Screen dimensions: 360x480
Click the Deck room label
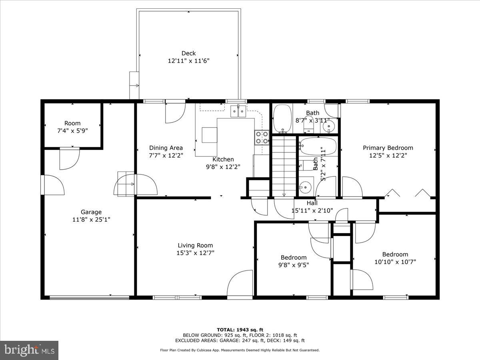click(188, 53)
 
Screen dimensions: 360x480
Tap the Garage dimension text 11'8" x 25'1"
click(91, 219)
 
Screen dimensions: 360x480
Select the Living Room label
click(195, 245)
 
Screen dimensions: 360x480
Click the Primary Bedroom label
click(388, 148)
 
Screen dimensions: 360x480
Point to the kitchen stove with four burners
click(262, 137)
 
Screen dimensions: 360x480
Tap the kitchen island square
click(210, 135)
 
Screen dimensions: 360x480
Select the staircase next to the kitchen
click(284, 166)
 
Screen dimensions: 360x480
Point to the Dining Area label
click(166, 148)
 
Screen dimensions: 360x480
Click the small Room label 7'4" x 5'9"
click(72, 123)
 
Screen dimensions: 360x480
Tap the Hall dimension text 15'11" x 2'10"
click(312, 210)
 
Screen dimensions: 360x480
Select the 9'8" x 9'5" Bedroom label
click(293, 257)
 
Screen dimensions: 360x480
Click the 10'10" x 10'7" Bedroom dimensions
click(395, 262)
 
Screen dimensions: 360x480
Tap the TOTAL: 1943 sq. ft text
click(240, 329)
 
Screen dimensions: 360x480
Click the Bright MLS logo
click(29, 350)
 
